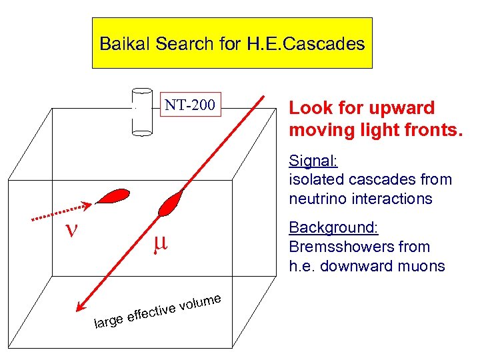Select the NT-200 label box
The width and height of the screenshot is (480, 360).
click(x=190, y=105)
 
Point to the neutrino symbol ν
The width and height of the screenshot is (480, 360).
click(x=69, y=231)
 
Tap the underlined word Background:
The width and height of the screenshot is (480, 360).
click(x=333, y=228)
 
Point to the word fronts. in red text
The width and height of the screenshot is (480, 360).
click(x=428, y=128)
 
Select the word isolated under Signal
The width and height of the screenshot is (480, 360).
click(x=314, y=179)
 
